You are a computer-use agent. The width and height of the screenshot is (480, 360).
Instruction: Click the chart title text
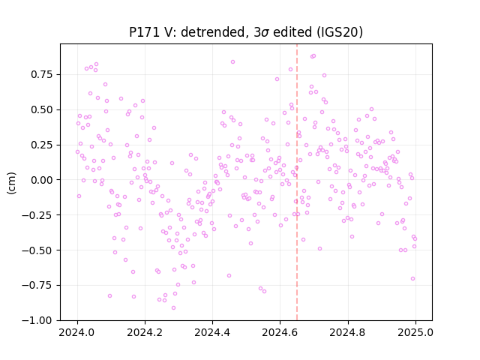click(246, 32)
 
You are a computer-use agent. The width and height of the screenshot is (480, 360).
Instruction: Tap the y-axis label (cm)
click(11, 183)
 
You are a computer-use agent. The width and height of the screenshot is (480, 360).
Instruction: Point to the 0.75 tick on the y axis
click(42, 74)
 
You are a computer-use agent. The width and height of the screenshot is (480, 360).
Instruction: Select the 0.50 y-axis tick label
click(42, 109)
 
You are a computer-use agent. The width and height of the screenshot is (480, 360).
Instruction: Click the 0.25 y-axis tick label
click(42, 145)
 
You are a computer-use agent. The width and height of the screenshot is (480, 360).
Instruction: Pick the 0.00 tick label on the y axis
click(42, 180)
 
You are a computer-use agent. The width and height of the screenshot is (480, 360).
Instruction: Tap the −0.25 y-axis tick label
click(37, 215)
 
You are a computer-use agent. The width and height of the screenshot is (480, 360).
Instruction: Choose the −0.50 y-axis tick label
click(37, 250)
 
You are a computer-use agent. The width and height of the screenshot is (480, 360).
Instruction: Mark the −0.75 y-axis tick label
click(37, 285)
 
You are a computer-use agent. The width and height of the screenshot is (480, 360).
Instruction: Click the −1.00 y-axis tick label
click(37, 320)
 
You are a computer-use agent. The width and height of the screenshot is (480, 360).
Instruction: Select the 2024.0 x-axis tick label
click(77, 332)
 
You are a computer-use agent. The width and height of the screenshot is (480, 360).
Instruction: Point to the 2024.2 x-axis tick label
click(145, 332)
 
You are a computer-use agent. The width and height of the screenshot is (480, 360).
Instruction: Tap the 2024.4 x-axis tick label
click(212, 332)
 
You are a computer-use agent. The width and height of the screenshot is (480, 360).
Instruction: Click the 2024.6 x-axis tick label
click(280, 332)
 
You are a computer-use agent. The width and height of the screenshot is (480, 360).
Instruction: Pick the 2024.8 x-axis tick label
click(348, 332)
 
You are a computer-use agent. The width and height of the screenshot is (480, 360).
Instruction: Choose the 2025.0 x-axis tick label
click(415, 332)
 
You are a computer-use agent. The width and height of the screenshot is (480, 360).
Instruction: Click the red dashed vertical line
click(297, 182)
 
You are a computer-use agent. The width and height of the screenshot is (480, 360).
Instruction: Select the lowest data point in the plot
click(173, 308)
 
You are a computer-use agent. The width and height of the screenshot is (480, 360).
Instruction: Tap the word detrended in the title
click(214, 32)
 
